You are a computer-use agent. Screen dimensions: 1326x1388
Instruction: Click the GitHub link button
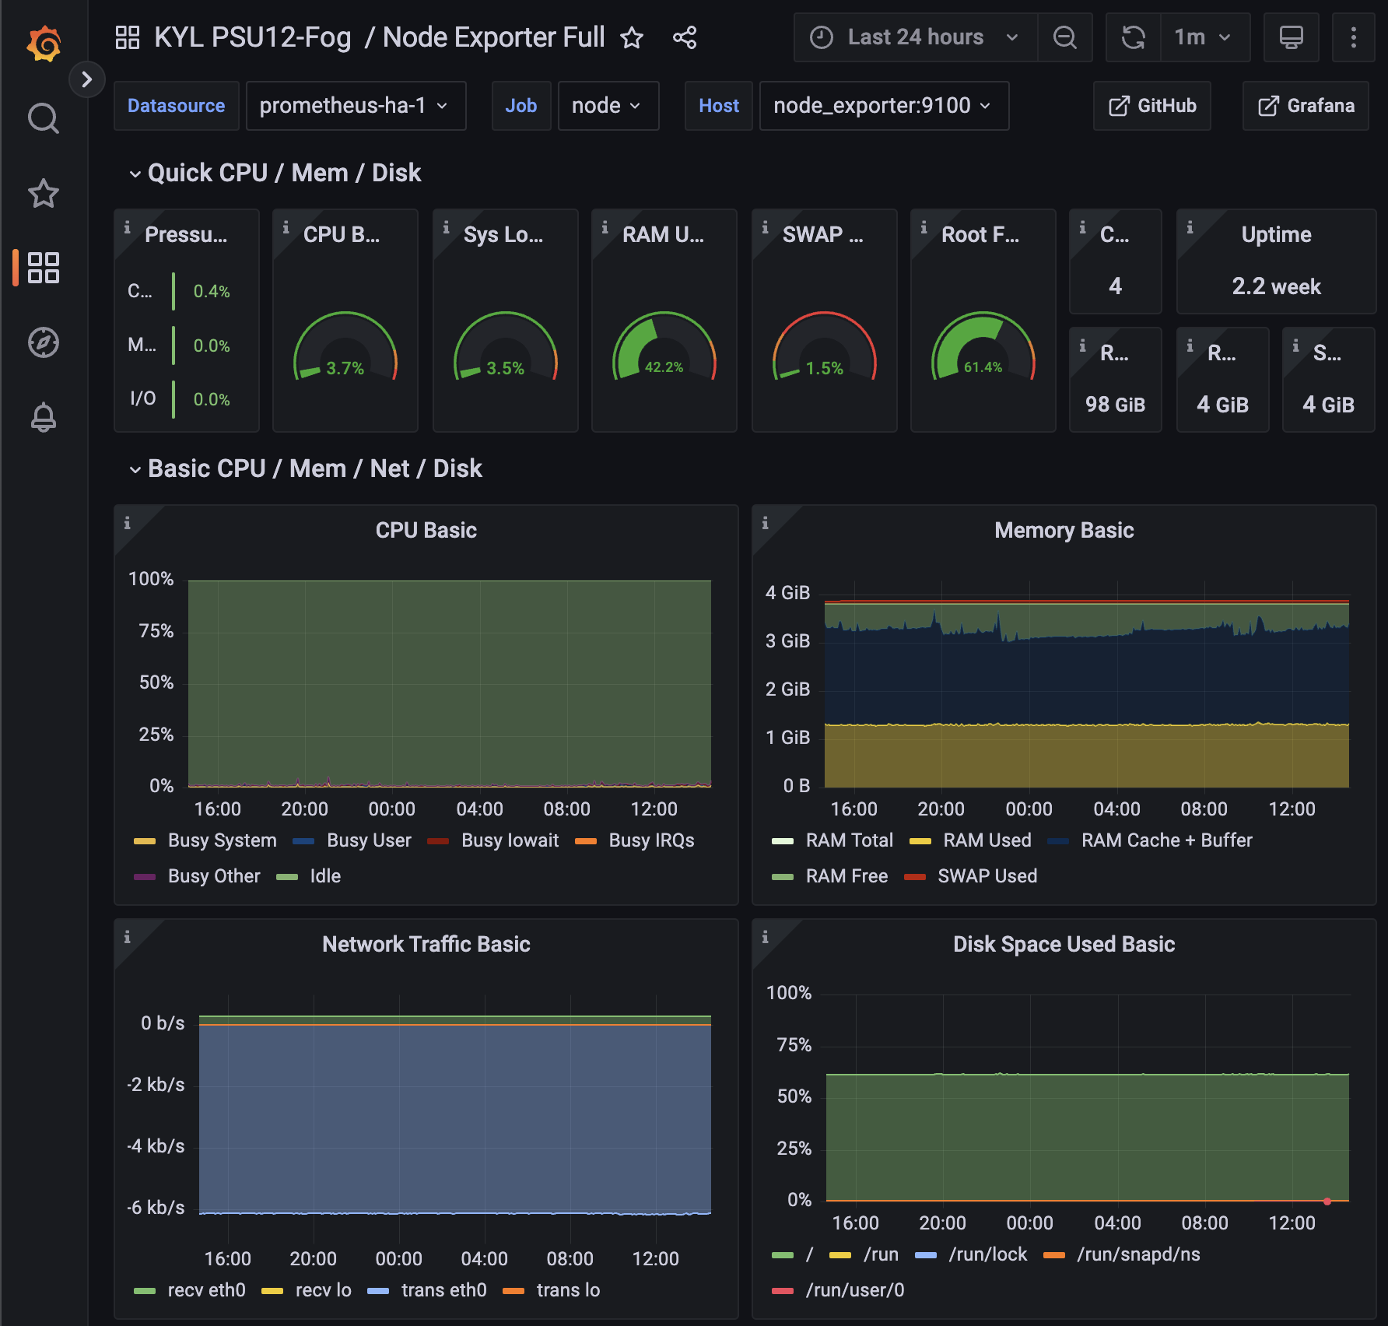click(x=1152, y=106)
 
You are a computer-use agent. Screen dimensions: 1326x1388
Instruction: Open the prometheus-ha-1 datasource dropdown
click(x=356, y=106)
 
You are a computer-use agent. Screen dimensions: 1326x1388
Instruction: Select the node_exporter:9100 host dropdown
click(x=883, y=106)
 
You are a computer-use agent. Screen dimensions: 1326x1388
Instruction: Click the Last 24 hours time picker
click(x=915, y=37)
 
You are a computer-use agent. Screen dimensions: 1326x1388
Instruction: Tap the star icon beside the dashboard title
click(x=632, y=37)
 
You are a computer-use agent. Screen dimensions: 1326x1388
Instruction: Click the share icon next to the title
click(x=685, y=37)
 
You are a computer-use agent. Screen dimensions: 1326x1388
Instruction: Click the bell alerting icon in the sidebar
click(x=44, y=418)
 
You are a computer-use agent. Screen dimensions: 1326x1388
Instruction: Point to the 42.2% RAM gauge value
click(x=664, y=367)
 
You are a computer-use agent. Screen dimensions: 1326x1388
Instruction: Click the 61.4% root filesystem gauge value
click(x=983, y=367)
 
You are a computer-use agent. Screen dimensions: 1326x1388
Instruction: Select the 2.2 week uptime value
click(x=1276, y=286)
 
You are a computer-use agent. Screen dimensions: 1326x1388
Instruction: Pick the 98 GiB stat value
click(x=1115, y=405)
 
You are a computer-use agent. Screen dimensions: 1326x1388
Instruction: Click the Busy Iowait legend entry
click(x=510, y=840)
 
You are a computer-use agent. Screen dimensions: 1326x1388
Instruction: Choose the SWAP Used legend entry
click(x=987, y=876)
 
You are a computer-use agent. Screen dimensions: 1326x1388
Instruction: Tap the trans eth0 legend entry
click(x=443, y=1290)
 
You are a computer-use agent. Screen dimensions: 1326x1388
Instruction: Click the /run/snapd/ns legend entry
click(x=1137, y=1254)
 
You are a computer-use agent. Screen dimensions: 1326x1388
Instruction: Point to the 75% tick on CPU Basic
click(x=156, y=631)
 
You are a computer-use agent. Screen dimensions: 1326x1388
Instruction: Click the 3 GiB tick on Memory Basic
click(x=787, y=641)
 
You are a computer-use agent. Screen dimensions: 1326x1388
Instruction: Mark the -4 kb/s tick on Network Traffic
click(x=156, y=1146)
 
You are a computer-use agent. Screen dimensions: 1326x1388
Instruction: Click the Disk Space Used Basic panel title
click(x=1064, y=945)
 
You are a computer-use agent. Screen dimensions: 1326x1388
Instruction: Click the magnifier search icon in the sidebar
click(x=44, y=118)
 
